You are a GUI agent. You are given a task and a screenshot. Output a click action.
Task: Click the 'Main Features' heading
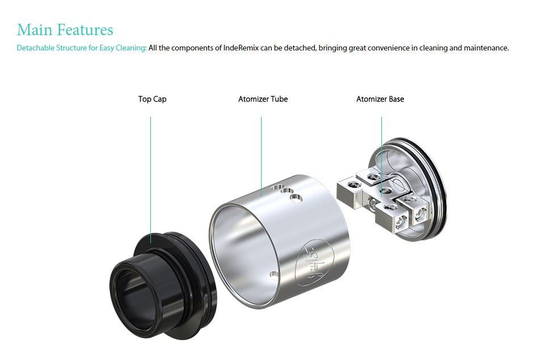pyautogui.click(x=65, y=29)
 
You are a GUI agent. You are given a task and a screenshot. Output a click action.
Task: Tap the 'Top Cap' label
pyautogui.click(x=152, y=99)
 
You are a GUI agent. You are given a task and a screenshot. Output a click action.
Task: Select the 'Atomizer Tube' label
pyautogui.click(x=263, y=99)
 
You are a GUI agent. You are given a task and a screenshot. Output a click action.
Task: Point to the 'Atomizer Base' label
pyautogui.click(x=380, y=99)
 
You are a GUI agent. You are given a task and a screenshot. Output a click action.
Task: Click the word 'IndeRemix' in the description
pyautogui.click(x=241, y=48)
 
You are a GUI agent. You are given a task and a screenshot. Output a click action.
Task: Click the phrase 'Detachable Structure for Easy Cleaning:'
pyautogui.click(x=82, y=48)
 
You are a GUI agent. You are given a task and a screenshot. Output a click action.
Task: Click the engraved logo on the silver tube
pyautogui.click(x=314, y=263)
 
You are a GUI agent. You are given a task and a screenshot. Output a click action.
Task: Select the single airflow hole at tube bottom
pyautogui.click(x=274, y=275)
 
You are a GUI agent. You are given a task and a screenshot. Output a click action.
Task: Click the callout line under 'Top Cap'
pyautogui.click(x=150, y=180)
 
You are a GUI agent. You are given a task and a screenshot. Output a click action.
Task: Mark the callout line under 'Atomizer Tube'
pyautogui.click(x=261, y=156)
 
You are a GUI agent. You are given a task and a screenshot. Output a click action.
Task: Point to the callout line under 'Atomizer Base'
pyautogui.click(x=382, y=156)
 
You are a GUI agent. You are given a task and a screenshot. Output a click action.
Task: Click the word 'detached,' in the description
pyautogui.click(x=301, y=48)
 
